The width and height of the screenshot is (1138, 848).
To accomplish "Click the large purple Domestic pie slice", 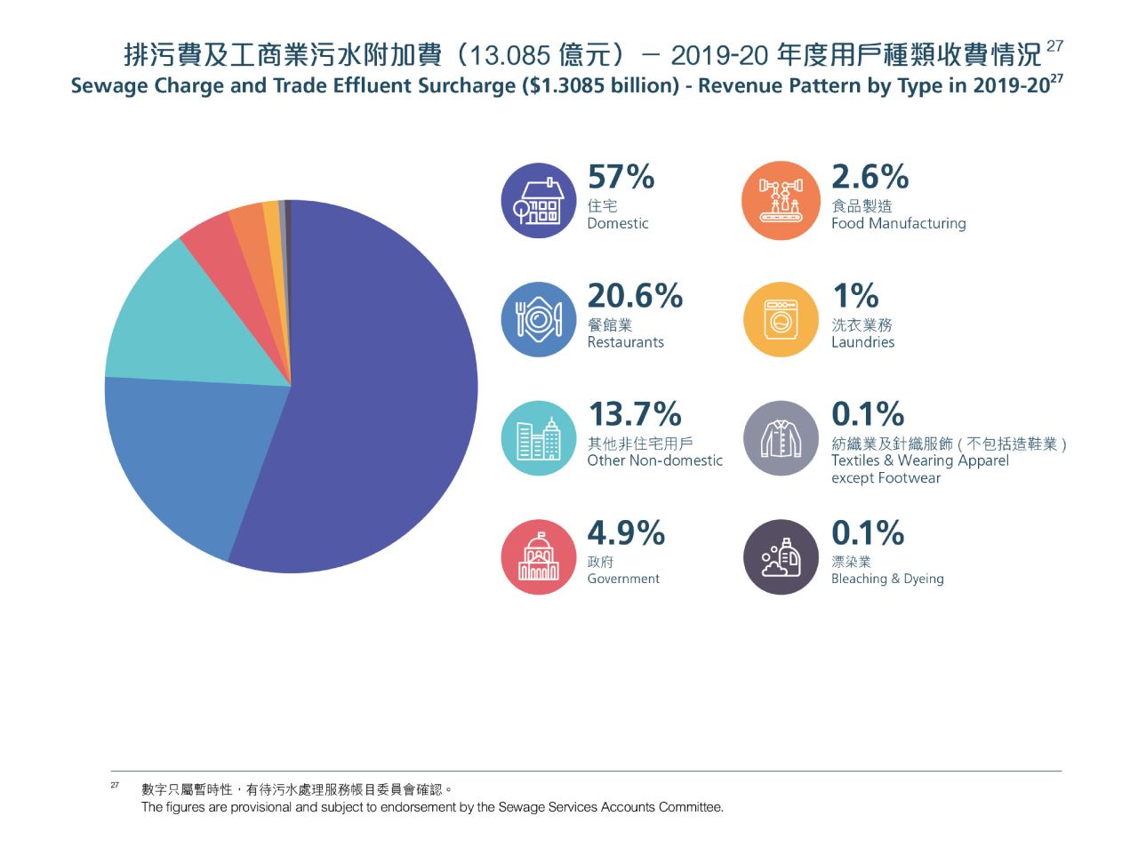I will point(382,391).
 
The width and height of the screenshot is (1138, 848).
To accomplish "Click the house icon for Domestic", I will point(539,201).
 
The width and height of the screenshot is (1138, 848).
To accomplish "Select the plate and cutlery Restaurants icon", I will point(539,319).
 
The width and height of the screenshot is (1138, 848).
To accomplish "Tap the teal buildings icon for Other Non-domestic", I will point(539,438).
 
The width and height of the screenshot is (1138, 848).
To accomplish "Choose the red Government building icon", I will point(539,556).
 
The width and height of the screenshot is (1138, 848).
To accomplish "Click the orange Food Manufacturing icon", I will point(781,201).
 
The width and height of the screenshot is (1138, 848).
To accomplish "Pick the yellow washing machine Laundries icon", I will point(781,319).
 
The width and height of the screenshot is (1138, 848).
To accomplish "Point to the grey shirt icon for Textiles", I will point(781,438).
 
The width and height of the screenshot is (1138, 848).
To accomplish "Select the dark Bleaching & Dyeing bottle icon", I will point(781,556).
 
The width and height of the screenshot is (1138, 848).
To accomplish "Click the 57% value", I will point(621,177).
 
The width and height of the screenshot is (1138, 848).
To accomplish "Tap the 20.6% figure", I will point(635,295).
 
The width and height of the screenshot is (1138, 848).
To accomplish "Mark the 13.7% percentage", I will point(635,414).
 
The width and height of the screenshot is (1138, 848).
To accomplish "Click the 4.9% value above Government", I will point(626,533).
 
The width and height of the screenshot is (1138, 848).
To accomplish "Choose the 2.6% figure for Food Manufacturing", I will point(870,177).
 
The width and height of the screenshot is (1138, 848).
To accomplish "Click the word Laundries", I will point(862,342).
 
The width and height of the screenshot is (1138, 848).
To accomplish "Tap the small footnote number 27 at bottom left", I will point(115,786).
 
